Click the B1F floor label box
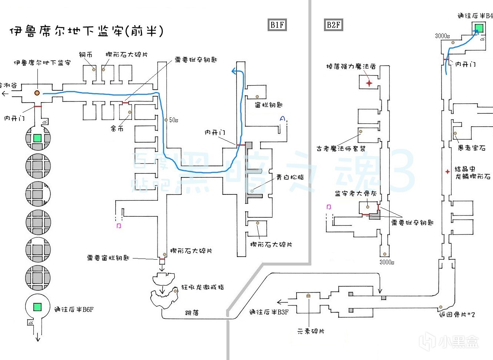(x=277, y=25)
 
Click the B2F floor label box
(x=333, y=25)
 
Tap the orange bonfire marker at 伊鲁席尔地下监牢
(x=37, y=93)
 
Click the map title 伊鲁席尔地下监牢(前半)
(x=86, y=31)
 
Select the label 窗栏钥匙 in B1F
(x=268, y=105)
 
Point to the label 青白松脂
(x=290, y=177)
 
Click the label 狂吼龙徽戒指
(x=202, y=287)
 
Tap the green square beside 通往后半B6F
(x=37, y=307)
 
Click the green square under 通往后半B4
(x=479, y=28)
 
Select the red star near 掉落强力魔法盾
(x=369, y=83)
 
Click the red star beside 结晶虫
(x=448, y=171)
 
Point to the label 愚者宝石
(x=472, y=148)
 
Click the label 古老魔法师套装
(x=341, y=149)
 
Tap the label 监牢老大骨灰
(x=355, y=193)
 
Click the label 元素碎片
(x=311, y=331)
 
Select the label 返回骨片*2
(x=457, y=314)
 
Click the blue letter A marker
(x=282, y=119)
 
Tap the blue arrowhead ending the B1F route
(x=234, y=71)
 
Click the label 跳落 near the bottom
(x=192, y=313)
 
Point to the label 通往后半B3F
(x=269, y=312)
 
